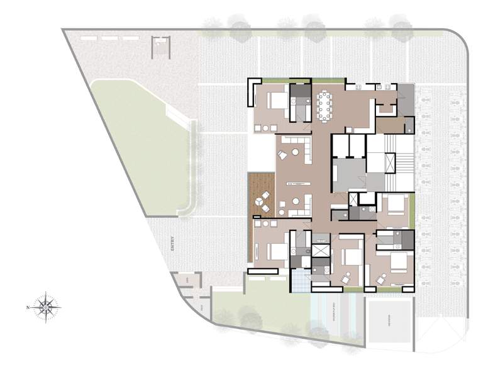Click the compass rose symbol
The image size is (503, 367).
tap(46, 307)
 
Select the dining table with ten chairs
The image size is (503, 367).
tap(325, 104)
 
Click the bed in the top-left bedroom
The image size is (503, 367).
tap(276, 101)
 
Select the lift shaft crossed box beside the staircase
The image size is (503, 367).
tap(321, 249)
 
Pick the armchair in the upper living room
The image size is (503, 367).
tap(282, 155)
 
